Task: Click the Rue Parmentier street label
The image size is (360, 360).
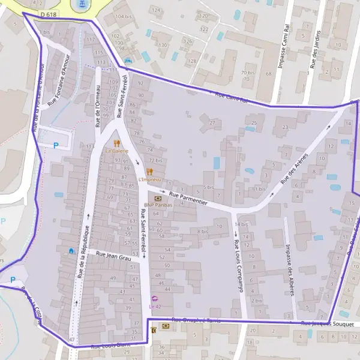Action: [188, 199]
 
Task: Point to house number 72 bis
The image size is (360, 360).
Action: [155, 161]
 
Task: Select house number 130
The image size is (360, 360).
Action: [163, 45]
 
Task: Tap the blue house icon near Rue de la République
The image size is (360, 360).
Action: [71, 250]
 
